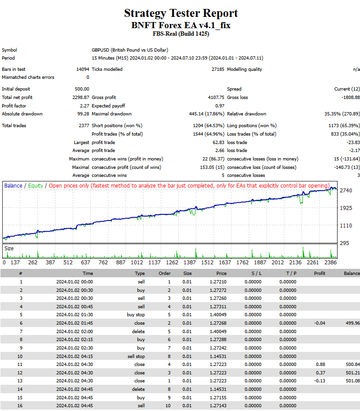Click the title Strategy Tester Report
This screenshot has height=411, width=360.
[x=181, y=13]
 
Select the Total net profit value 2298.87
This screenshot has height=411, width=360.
[x=81, y=98]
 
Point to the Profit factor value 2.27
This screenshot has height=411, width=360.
[x=84, y=106]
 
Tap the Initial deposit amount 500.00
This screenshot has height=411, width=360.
[x=82, y=89]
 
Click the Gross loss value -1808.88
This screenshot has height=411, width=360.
[x=351, y=98]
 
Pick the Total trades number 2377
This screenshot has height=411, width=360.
[x=84, y=126]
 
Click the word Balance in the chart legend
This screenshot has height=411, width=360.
[x=13, y=186]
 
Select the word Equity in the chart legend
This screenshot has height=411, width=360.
[x=35, y=186]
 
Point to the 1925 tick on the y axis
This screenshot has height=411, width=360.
[x=346, y=208]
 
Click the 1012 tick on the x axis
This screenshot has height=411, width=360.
[x=137, y=262]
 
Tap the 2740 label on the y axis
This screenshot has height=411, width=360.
[x=346, y=190]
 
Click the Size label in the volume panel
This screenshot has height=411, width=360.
[x=9, y=249]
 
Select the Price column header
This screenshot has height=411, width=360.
[x=221, y=274]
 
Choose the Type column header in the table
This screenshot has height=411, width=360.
[x=140, y=274]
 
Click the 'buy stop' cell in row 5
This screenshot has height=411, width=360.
[x=136, y=315]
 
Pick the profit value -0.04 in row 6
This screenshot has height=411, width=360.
[x=320, y=323]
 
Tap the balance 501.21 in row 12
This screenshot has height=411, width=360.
[x=352, y=373]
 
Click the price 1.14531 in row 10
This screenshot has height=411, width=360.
[x=218, y=357]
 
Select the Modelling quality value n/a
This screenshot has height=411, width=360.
[x=357, y=69]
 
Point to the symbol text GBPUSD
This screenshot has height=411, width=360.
[x=100, y=50]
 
